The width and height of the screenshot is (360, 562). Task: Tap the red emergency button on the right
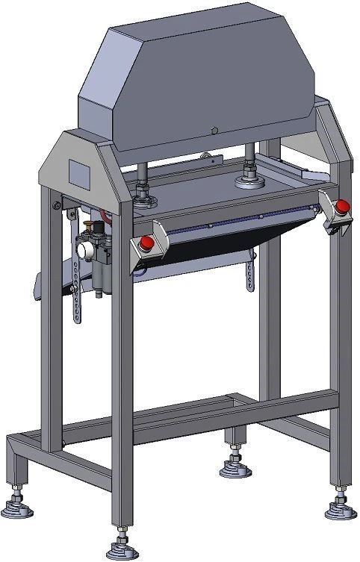tap(341, 204)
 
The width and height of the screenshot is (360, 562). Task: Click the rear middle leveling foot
tap(234, 469)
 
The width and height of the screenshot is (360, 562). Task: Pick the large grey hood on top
tap(202, 82)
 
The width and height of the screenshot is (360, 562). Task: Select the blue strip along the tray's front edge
tap(239, 219)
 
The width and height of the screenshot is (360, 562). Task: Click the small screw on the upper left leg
tap(56, 206)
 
